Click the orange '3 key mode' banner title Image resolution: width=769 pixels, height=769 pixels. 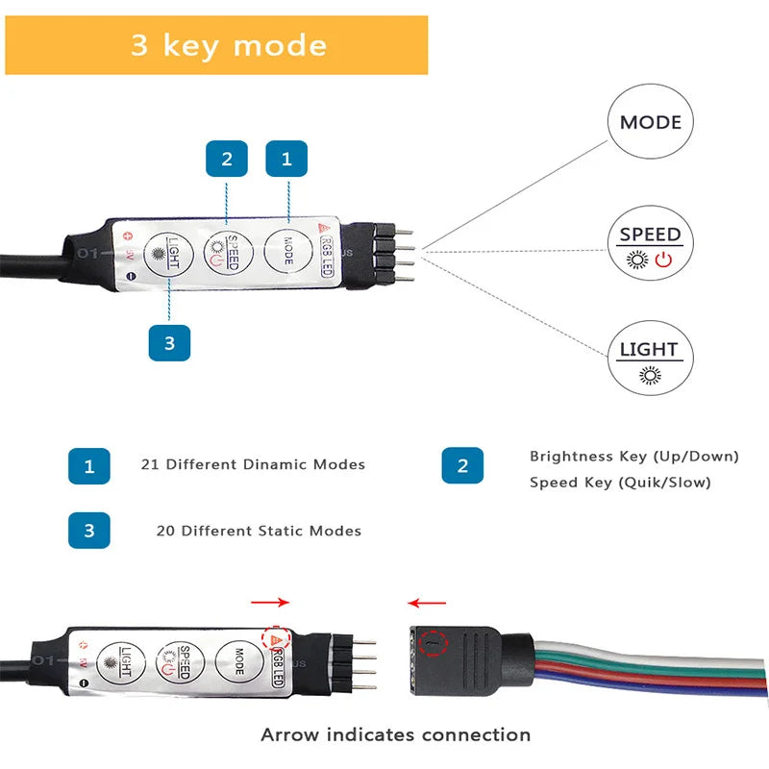click(x=229, y=45)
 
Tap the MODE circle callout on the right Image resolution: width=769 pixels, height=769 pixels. click(x=650, y=122)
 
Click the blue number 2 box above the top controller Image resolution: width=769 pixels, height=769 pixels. click(x=227, y=159)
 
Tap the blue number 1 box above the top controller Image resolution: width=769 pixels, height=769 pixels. click(x=286, y=159)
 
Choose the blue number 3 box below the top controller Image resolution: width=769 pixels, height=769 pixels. click(x=169, y=343)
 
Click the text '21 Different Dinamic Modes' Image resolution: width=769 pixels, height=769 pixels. click(x=253, y=464)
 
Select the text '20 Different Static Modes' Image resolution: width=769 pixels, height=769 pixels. click(x=259, y=531)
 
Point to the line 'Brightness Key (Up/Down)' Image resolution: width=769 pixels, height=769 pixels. click(x=633, y=456)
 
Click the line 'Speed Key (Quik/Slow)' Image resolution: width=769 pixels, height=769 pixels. click(x=620, y=482)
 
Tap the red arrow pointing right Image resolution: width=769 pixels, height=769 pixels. click(x=270, y=603)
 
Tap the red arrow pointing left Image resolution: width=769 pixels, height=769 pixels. click(x=426, y=604)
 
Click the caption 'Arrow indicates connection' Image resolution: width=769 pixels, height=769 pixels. click(x=395, y=734)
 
